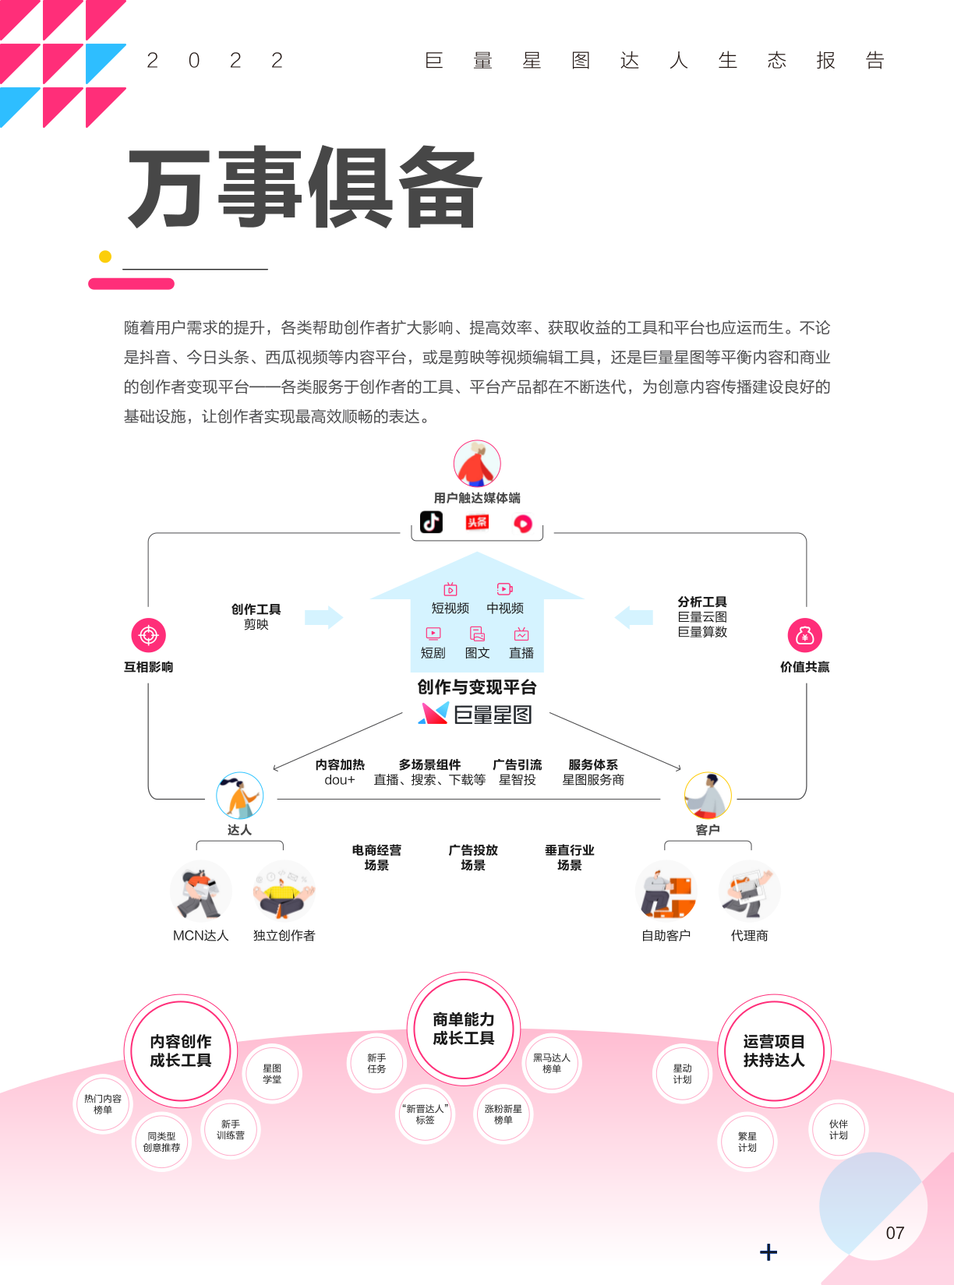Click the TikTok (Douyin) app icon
point(431,522)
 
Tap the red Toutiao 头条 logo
point(477,523)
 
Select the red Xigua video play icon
point(523,524)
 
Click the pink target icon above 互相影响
point(148,635)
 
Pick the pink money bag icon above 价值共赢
point(804,635)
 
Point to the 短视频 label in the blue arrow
point(450,608)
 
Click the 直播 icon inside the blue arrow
point(521,634)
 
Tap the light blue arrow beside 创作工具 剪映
point(324,617)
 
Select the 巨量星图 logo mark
point(433,713)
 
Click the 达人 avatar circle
point(239,796)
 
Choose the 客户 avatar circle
point(708,796)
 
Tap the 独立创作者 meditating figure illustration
point(284,891)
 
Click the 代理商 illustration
point(750,891)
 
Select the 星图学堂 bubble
point(272,1074)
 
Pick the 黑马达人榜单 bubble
point(551,1063)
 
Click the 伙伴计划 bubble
point(838,1129)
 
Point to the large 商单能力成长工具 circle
point(463,1029)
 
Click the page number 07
point(895,1233)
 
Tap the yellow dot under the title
point(105,256)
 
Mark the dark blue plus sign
point(768,1252)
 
